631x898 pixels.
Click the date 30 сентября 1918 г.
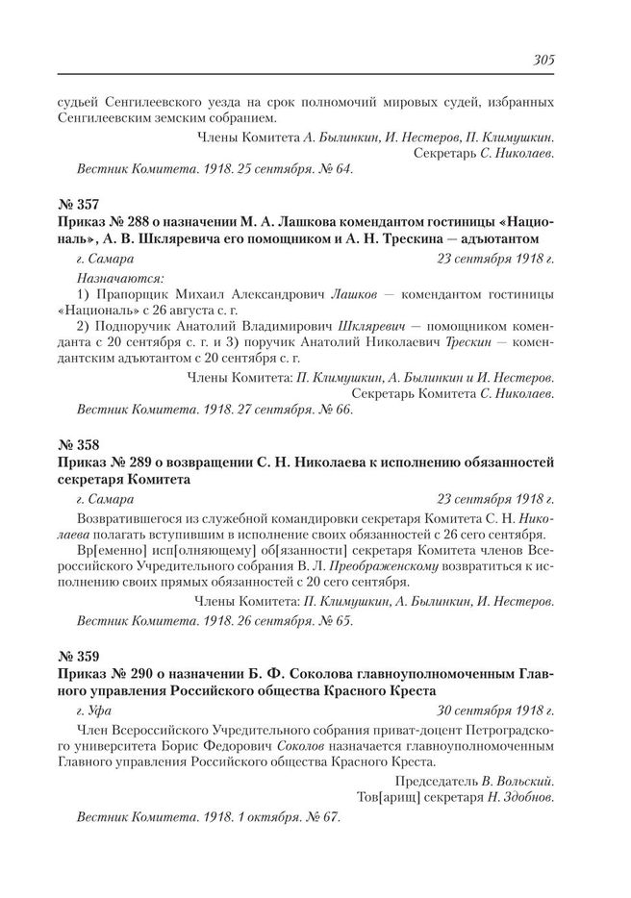click(496, 711)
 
